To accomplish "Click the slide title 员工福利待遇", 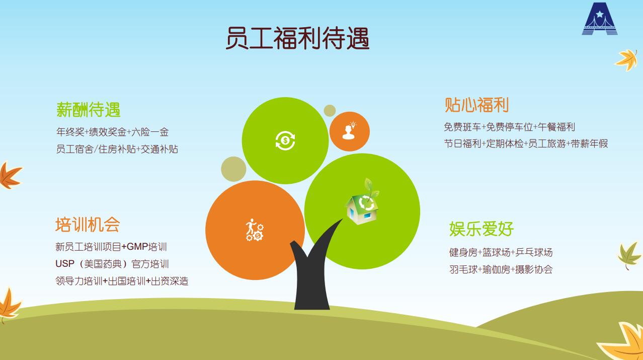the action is click(x=297, y=38).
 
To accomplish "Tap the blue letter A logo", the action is click(x=600, y=19).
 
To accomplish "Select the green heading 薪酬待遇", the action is click(x=88, y=109).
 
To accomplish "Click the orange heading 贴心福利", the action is click(x=476, y=105).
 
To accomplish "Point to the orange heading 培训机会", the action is click(x=88, y=225).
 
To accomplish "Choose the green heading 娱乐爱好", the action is click(x=481, y=229).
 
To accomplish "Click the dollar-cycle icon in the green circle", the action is click(x=285, y=140).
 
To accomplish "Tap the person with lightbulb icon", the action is click(x=349, y=131).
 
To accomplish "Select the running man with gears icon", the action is click(x=255, y=230).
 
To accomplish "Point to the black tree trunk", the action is click(x=312, y=276).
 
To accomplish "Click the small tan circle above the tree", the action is click(x=330, y=111).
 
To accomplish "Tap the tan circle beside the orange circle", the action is click(x=233, y=169).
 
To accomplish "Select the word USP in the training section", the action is click(x=65, y=263).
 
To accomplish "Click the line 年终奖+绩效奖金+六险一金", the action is click(x=113, y=132).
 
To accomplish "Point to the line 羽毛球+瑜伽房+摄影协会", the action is click(x=501, y=269).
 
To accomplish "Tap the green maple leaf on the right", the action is click(x=628, y=255).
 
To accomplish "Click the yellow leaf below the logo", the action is click(x=626, y=60).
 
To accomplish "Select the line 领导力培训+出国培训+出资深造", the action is click(x=122, y=281).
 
